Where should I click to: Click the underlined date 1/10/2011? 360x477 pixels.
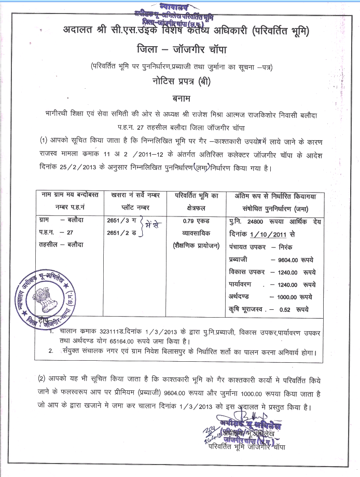click(x=269, y=233)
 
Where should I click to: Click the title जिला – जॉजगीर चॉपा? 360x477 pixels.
click(x=179, y=50)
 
